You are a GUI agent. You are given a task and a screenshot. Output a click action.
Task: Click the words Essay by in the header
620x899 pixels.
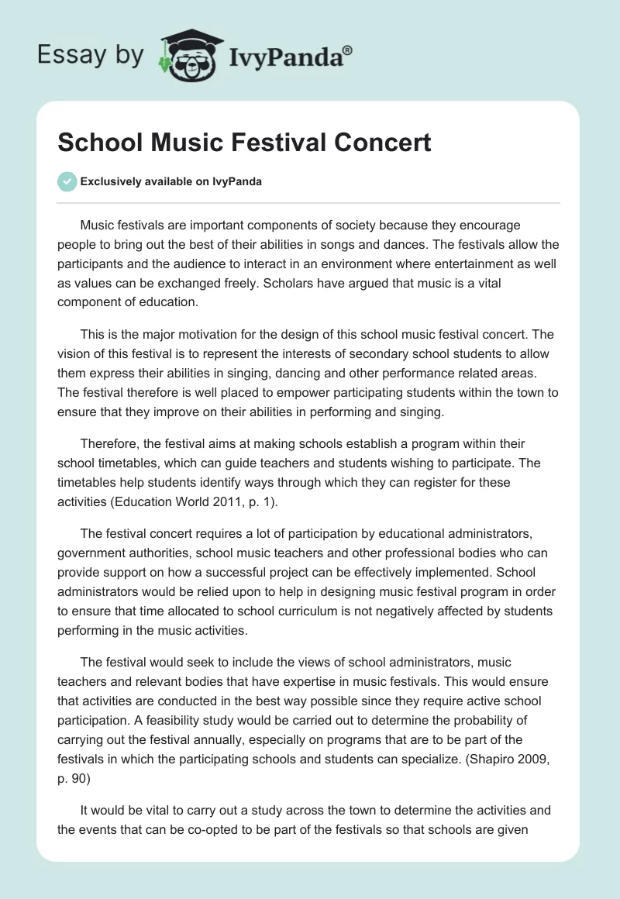89,56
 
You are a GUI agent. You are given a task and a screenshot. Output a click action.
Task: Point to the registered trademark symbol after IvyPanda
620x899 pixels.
348,50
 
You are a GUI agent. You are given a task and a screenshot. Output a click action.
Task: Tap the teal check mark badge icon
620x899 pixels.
67,181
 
